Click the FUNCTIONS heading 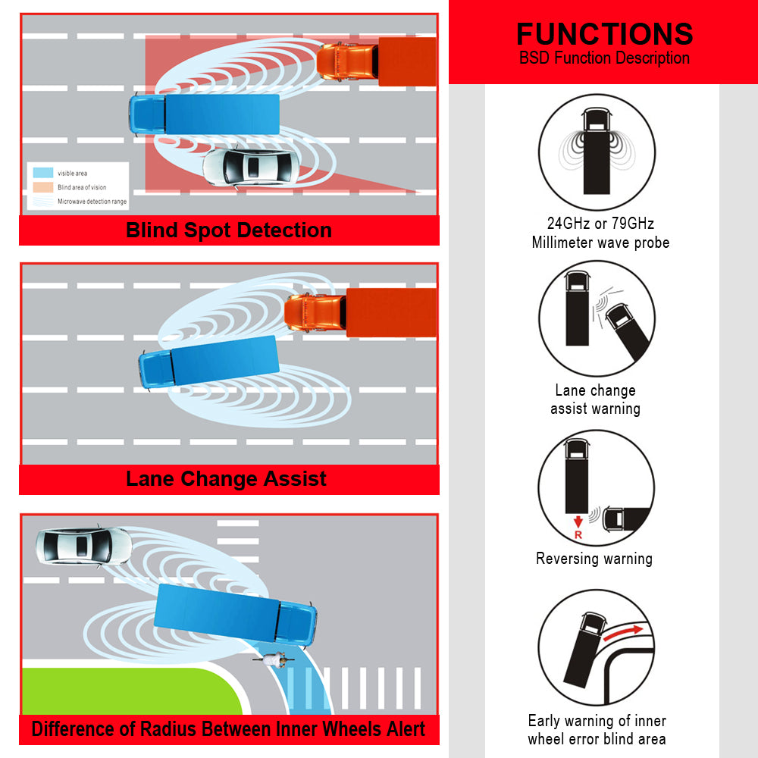coord(604,34)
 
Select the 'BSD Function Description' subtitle coord(604,58)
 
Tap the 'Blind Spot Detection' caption coord(229,230)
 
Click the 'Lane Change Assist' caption coord(226,479)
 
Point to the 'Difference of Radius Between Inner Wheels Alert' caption coord(228,730)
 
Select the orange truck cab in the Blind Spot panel coord(348,61)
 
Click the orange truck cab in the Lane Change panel coord(315,312)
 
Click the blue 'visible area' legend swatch coord(42,173)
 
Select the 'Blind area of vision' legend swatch coord(42,186)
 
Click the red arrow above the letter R coord(578,521)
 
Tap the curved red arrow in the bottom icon coord(625,634)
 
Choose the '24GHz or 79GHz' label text coord(600,224)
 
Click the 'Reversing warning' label coord(594,559)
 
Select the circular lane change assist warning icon coord(597,318)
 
